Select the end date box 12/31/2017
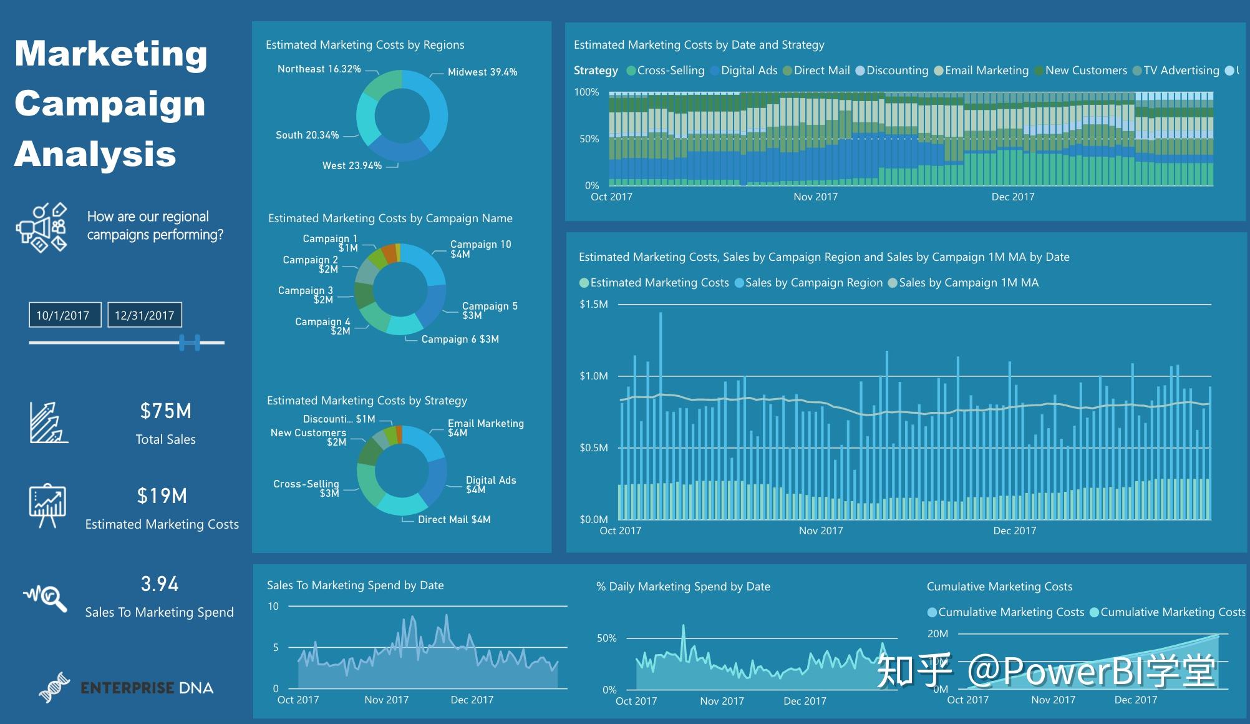click(x=145, y=315)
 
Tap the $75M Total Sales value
click(x=165, y=411)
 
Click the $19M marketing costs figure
click(x=162, y=496)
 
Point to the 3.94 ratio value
click(x=160, y=584)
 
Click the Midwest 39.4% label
click(x=482, y=72)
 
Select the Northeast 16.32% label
click(x=319, y=69)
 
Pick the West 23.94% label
click(x=352, y=166)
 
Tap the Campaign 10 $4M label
click(x=480, y=249)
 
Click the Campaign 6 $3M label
click(x=460, y=340)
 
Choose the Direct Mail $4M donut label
click(x=454, y=520)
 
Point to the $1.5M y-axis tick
click(x=593, y=305)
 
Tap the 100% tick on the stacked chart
click(x=586, y=92)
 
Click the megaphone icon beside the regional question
click(x=41, y=227)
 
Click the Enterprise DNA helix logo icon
click(x=54, y=687)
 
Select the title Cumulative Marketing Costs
click(x=999, y=587)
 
